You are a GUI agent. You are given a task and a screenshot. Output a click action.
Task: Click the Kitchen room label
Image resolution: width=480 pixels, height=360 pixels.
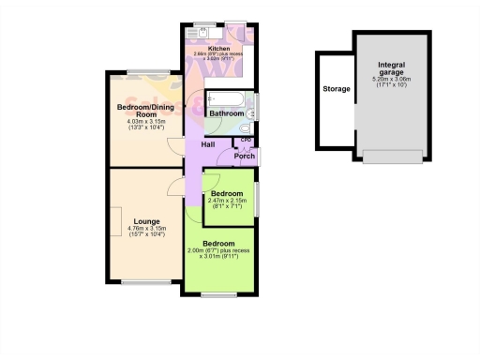click(218, 47)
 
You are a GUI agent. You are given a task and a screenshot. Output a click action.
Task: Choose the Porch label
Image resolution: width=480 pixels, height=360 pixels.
click(245, 156)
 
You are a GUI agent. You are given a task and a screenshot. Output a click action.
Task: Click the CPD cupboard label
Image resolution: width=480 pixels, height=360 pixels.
click(247, 141)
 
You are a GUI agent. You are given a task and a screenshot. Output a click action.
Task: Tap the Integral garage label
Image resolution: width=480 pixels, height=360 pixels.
click(391, 69)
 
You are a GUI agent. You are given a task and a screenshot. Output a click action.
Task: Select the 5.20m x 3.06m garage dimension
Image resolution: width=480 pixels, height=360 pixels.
click(391, 83)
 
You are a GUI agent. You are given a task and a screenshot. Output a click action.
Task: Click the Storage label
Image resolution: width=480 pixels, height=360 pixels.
click(336, 89)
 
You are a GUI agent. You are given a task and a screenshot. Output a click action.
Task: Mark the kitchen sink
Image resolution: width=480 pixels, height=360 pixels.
click(196, 33)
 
